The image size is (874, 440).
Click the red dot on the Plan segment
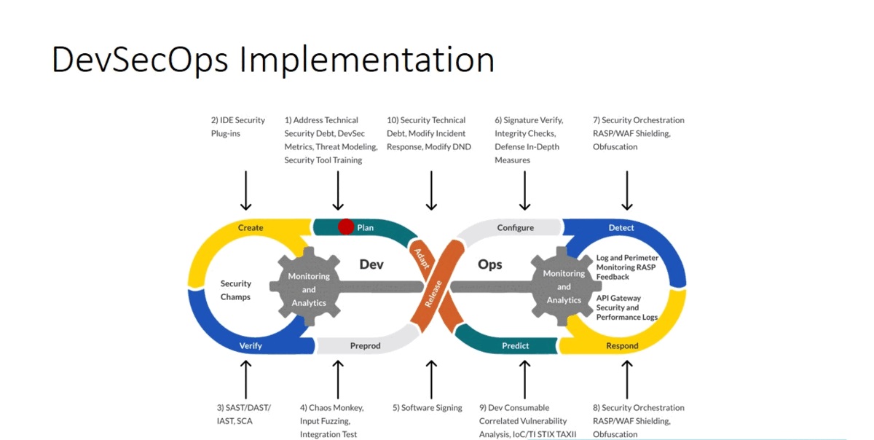click(346, 227)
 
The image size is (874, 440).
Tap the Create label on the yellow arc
click(251, 228)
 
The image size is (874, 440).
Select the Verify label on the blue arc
click(251, 345)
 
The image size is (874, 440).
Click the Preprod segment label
click(365, 345)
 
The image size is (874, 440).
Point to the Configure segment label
click(515, 228)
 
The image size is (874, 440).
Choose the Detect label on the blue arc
click(621, 228)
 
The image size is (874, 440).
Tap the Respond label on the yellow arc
click(622, 345)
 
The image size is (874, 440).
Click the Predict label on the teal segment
click(515, 345)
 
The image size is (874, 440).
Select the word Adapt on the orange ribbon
click(422, 258)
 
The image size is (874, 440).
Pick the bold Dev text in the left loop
click(371, 264)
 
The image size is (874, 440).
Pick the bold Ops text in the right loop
click(490, 264)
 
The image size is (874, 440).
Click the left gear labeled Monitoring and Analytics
click(309, 289)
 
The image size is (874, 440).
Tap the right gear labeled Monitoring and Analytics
click(564, 286)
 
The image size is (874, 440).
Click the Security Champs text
click(236, 290)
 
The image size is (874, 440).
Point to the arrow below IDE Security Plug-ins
click(245, 190)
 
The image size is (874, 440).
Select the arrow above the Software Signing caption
click(430, 379)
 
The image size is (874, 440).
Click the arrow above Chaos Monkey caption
click(337, 379)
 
